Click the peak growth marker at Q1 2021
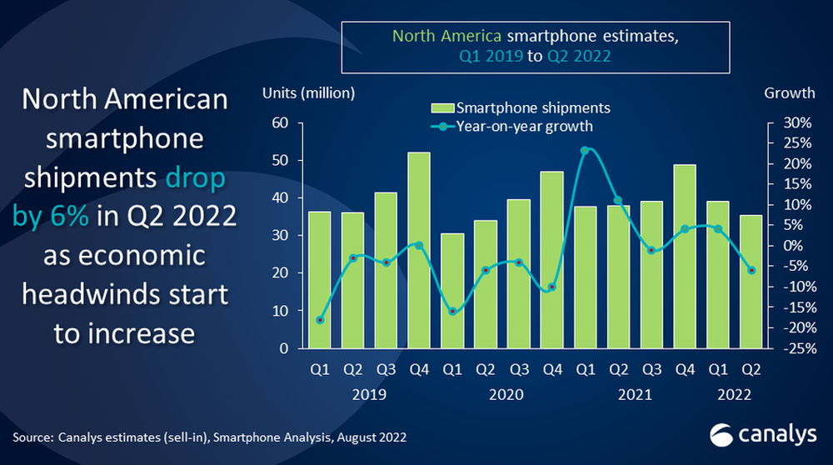[585, 151]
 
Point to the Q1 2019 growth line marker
[320, 320]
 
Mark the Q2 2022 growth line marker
[751, 270]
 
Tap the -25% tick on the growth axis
[795, 348]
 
